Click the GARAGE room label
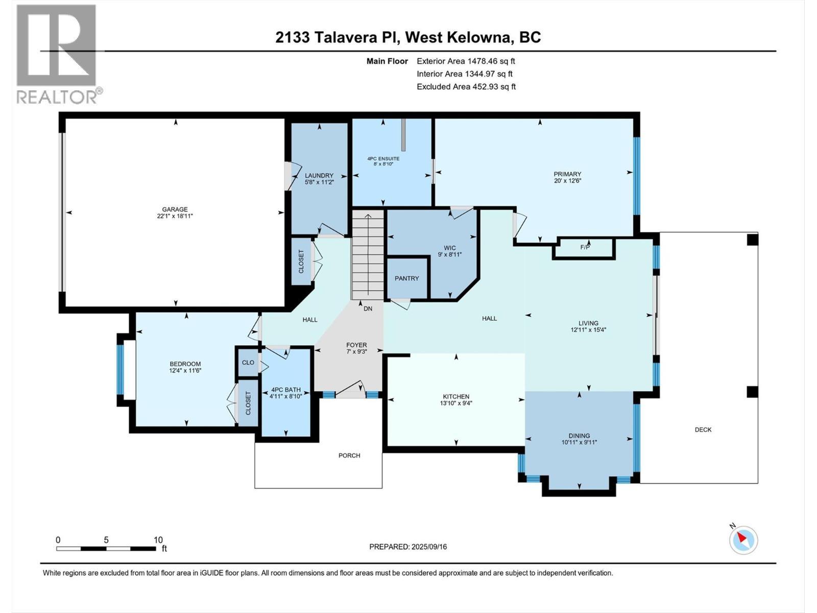175,209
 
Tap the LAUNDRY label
319,176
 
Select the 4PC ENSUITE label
383,159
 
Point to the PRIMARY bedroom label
567,174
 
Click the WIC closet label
449,248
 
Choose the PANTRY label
406,278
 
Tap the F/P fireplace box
585,248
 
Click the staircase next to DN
368,255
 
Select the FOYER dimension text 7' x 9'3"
356,351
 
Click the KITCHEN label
456,396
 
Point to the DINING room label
579,436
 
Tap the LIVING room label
588,323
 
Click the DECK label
703,430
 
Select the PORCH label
349,455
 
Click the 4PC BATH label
286,390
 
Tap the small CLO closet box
248,363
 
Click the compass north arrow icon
743,539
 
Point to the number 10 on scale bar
158,540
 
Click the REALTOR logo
57,54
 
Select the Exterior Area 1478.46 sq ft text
466,61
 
